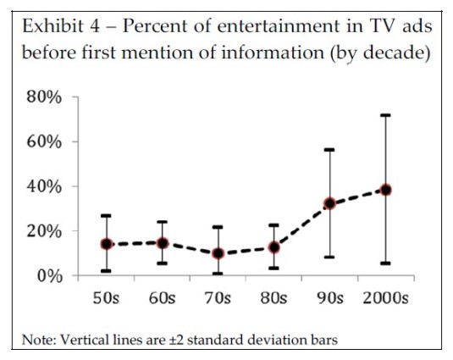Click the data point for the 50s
pos(107,244)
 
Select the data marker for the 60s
pos(163,243)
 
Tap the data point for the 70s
pos(218,253)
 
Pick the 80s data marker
pos(273,247)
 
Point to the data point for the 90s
pos(330,203)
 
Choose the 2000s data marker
pos(386,190)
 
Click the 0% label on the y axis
pos(48,276)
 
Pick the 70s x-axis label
pos(218,299)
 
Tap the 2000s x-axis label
pos(386,299)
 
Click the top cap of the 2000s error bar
pos(386,115)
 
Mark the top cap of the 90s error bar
pos(330,149)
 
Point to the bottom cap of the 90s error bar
pos(330,257)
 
